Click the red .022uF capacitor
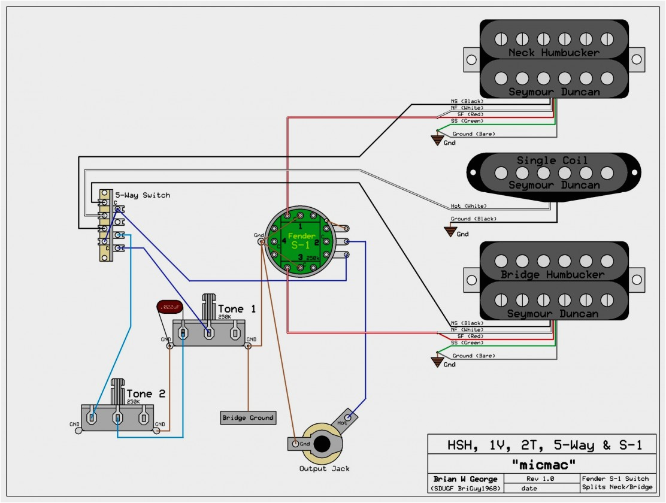coord(168,307)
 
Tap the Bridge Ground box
coord(248,417)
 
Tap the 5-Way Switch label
coord(143,195)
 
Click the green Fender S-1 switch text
coord(298,241)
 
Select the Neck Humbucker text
coord(553,53)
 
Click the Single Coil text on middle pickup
coord(552,160)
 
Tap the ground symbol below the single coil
coord(450,231)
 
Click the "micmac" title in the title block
coord(543,463)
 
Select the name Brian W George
coord(464,479)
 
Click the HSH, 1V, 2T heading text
coord(544,445)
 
